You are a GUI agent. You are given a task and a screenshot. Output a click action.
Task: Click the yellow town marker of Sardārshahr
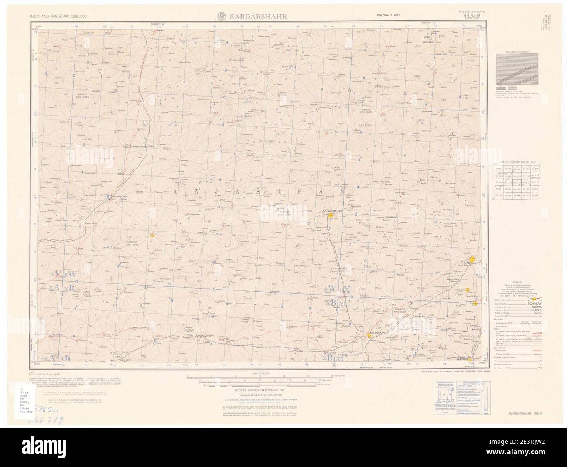(331, 215)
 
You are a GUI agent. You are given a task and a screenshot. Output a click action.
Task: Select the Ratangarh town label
(378, 333)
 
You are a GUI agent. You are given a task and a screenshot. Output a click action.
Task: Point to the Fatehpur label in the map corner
(474, 360)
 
